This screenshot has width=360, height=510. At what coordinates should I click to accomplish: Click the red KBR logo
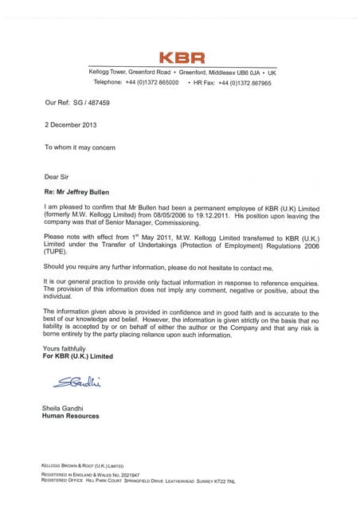[182, 57]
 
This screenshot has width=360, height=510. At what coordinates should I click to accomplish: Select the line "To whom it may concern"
[80, 147]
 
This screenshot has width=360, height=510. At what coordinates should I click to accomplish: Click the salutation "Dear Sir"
[57, 176]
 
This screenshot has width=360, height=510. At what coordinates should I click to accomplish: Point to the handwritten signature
[78, 383]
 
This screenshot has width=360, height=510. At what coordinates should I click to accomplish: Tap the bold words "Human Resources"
[71, 416]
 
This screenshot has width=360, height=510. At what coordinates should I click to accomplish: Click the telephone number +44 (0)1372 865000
[151, 82]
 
